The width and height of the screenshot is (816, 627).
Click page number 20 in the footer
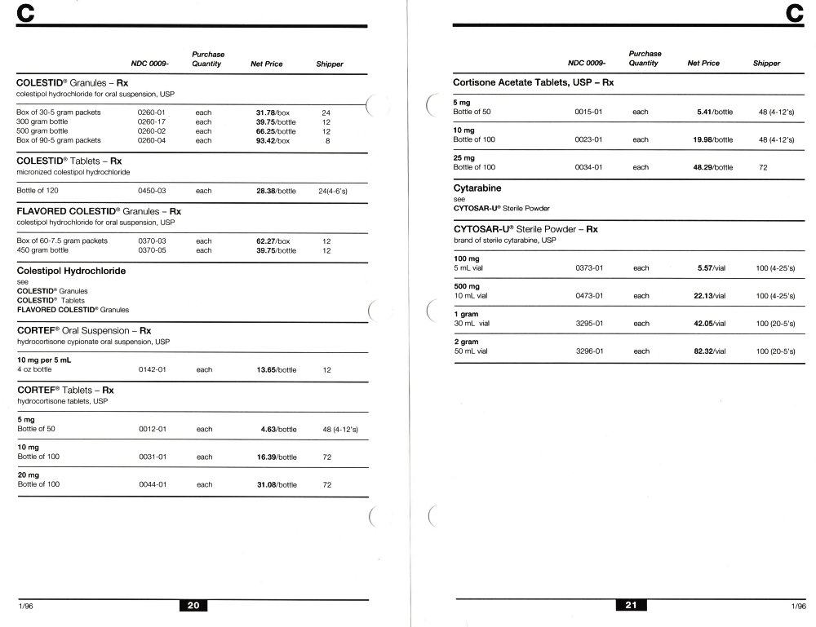(193, 606)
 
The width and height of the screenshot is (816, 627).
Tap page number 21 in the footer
(631, 606)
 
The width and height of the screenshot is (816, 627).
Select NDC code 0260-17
(153, 121)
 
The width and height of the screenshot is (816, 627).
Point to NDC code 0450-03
(153, 191)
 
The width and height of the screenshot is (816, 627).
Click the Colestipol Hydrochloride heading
(71, 271)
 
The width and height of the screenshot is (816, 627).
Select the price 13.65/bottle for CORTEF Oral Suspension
(277, 370)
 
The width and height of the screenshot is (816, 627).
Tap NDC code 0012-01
(153, 429)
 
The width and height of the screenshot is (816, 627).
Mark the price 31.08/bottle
(277, 484)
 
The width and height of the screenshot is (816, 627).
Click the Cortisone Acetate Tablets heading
(533, 83)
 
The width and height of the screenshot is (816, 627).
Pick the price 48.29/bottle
(713, 167)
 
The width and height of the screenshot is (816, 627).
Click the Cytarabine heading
(477, 188)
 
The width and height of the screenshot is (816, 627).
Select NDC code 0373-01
(589, 267)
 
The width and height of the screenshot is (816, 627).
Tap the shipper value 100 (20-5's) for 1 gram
(776, 324)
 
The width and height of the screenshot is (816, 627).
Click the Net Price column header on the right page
(703, 64)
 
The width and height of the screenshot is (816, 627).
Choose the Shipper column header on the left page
(330, 64)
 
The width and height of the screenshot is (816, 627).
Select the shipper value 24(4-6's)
(333, 191)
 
